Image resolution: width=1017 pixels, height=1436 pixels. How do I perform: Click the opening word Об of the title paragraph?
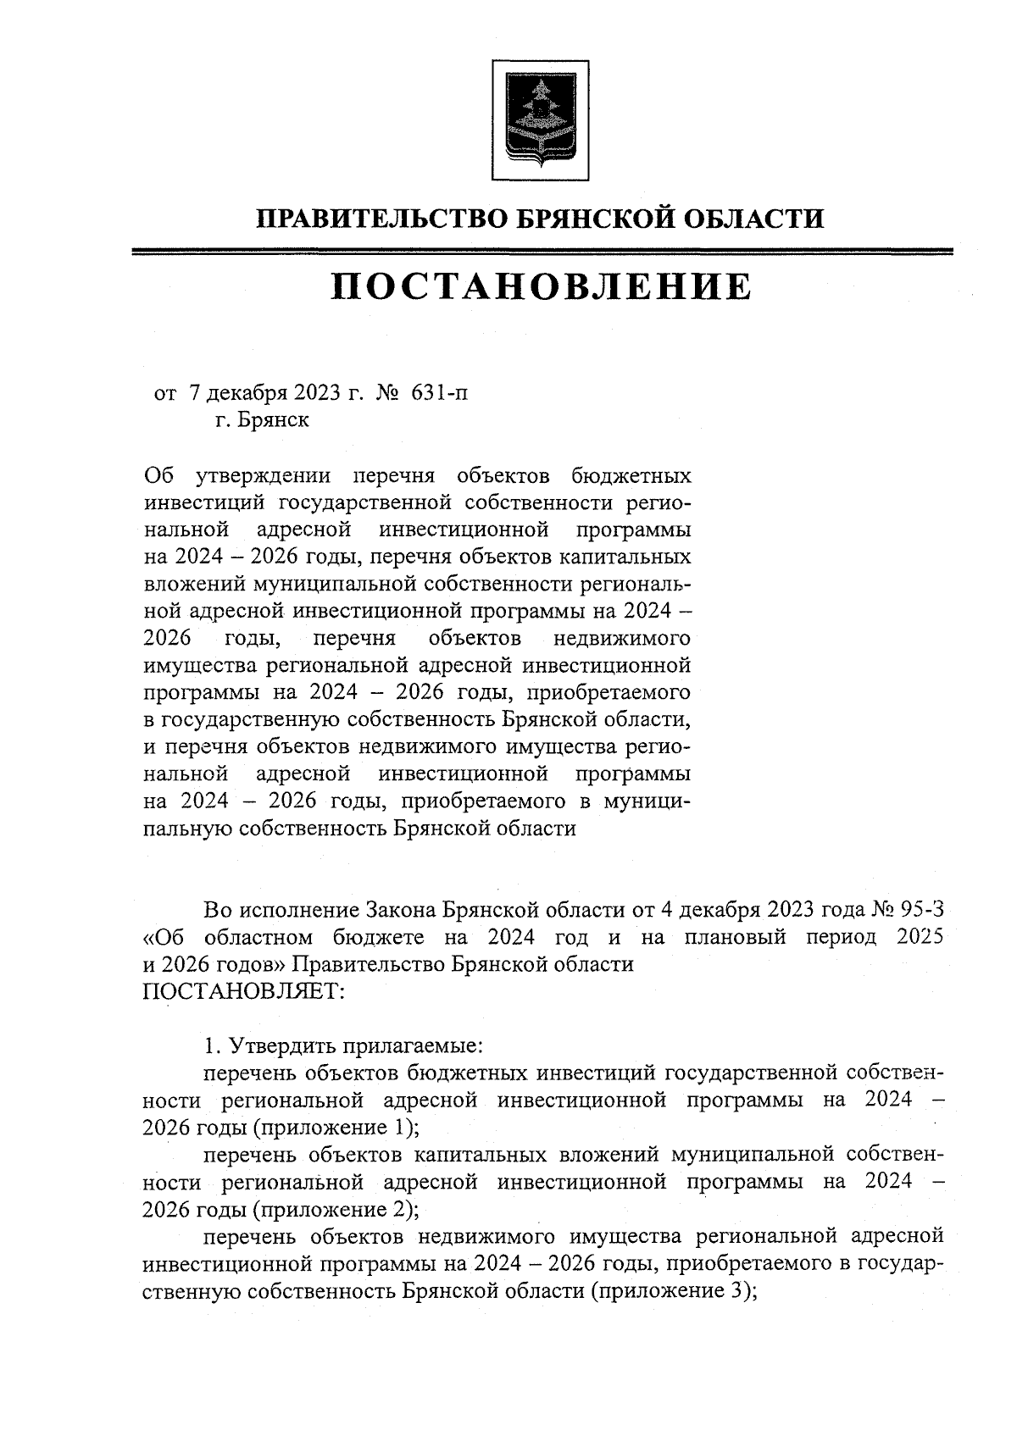[158, 475]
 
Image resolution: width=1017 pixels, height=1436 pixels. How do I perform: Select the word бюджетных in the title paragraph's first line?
[631, 475]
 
